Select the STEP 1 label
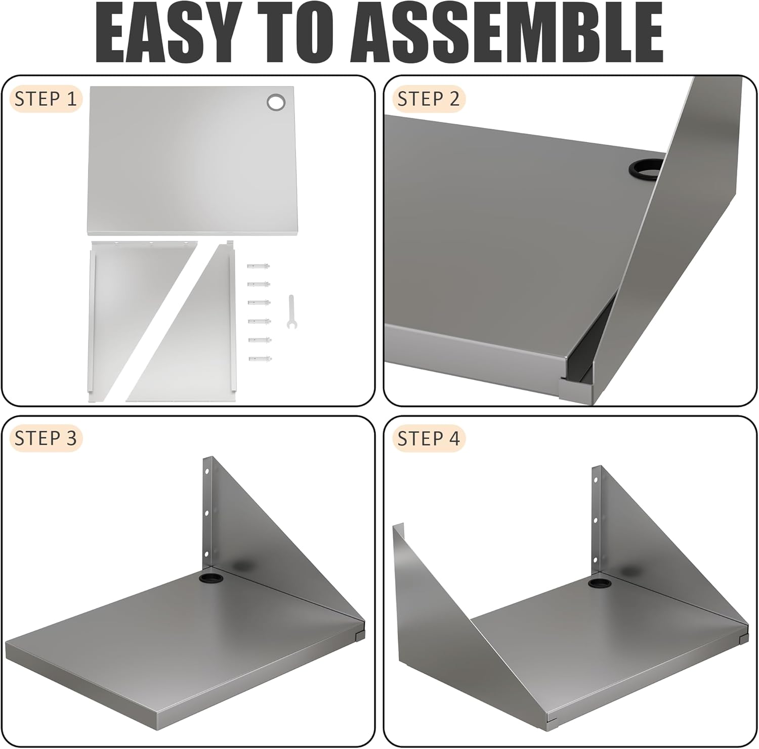pyautogui.click(x=46, y=99)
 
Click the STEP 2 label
pyautogui.click(x=429, y=99)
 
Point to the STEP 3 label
pyautogui.click(x=46, y=438)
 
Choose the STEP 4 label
pyautogui.click(x=429, y=438)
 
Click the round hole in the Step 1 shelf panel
pyautogui.click(x=276, y=102)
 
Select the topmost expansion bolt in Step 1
pyautogui.click(x=259, y=266)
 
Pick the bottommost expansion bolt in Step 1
pyautogui.click(x=260, y=359)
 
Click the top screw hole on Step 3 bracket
pyautogui.click(x=207, y=471)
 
